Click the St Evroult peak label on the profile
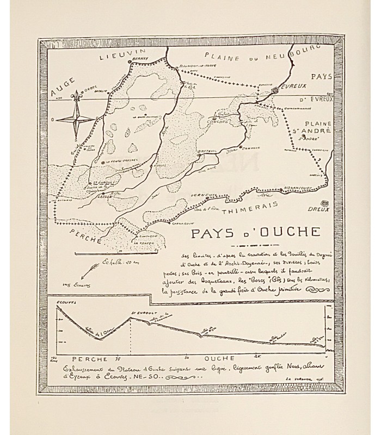[x=140, y=313]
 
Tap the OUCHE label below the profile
[x=219, y=358]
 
